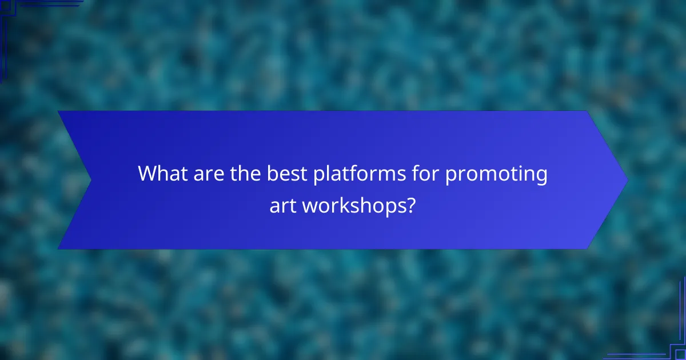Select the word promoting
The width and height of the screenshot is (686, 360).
[x=496, y=174]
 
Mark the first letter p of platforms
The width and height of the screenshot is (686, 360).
[x=319, y=176]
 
